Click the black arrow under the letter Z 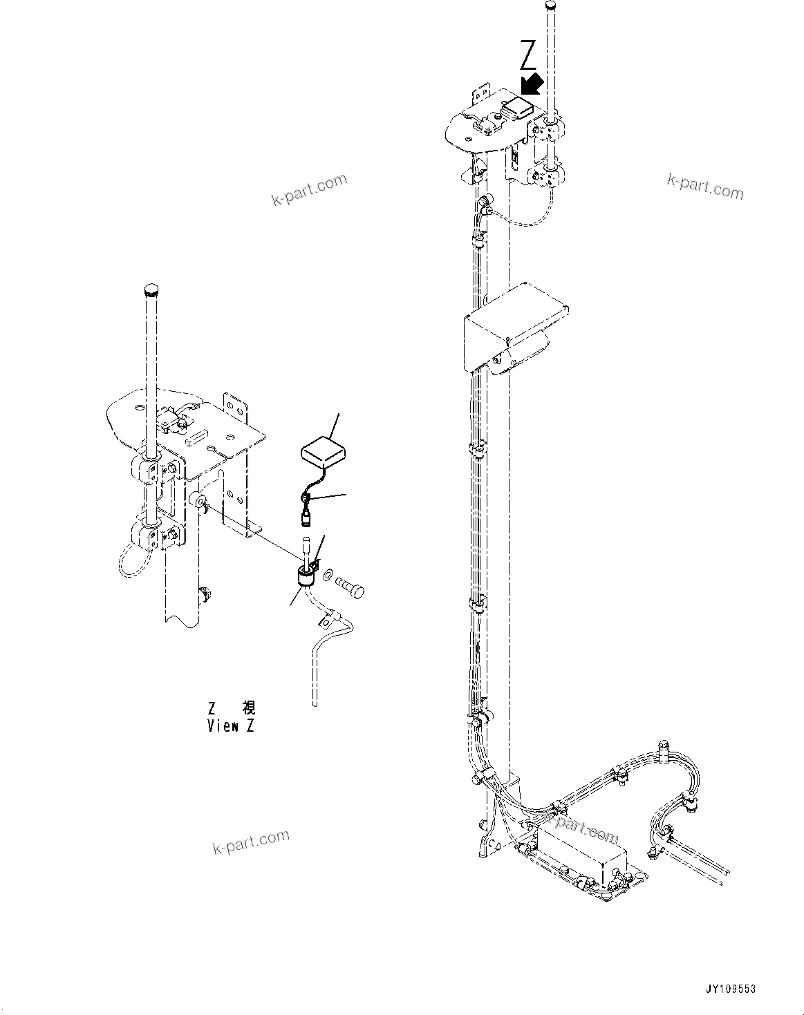point(532,84)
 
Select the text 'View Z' point(230,726)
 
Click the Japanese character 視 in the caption point(248,708)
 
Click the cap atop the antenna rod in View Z point(151,288)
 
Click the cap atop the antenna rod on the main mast point(551,7)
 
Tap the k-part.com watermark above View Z point(308,190)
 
